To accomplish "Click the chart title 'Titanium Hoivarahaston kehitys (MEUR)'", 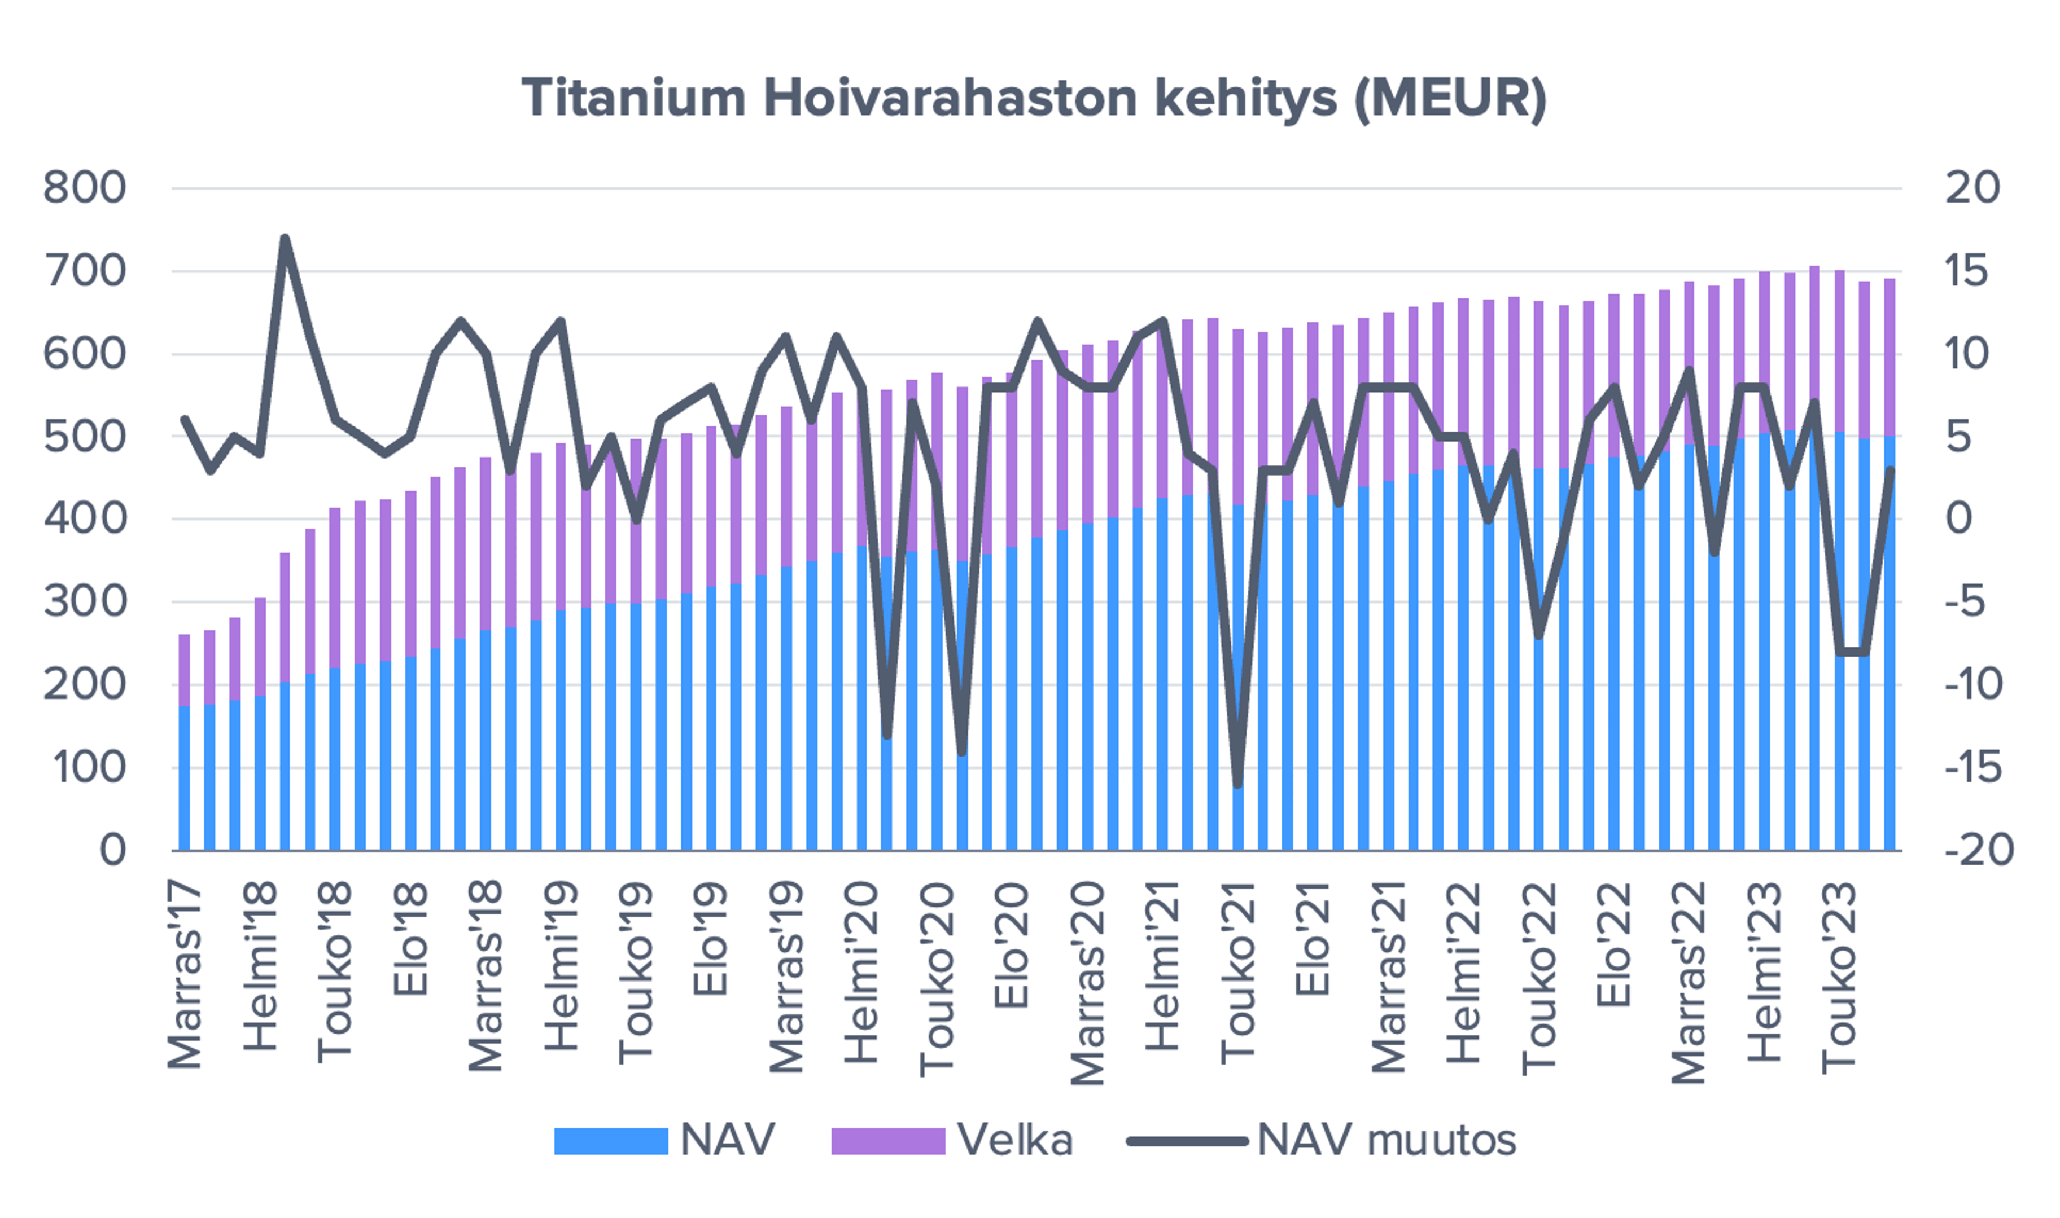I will tap(1034, 99).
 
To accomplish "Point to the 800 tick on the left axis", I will tap(85, 188).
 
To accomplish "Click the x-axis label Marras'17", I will tap(185, 977).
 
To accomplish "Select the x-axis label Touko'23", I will tap(1840, 977).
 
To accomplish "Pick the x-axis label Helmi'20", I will tap(862, 973).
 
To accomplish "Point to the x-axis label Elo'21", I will tap(1313, 940).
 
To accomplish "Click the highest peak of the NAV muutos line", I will tap(285, 238).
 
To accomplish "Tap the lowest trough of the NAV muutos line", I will tap(1238, 785).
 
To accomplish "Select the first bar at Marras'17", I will tap(185, 743).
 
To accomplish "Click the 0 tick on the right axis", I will tap(1959, 518).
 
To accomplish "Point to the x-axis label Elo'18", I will tap(410, 940).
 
